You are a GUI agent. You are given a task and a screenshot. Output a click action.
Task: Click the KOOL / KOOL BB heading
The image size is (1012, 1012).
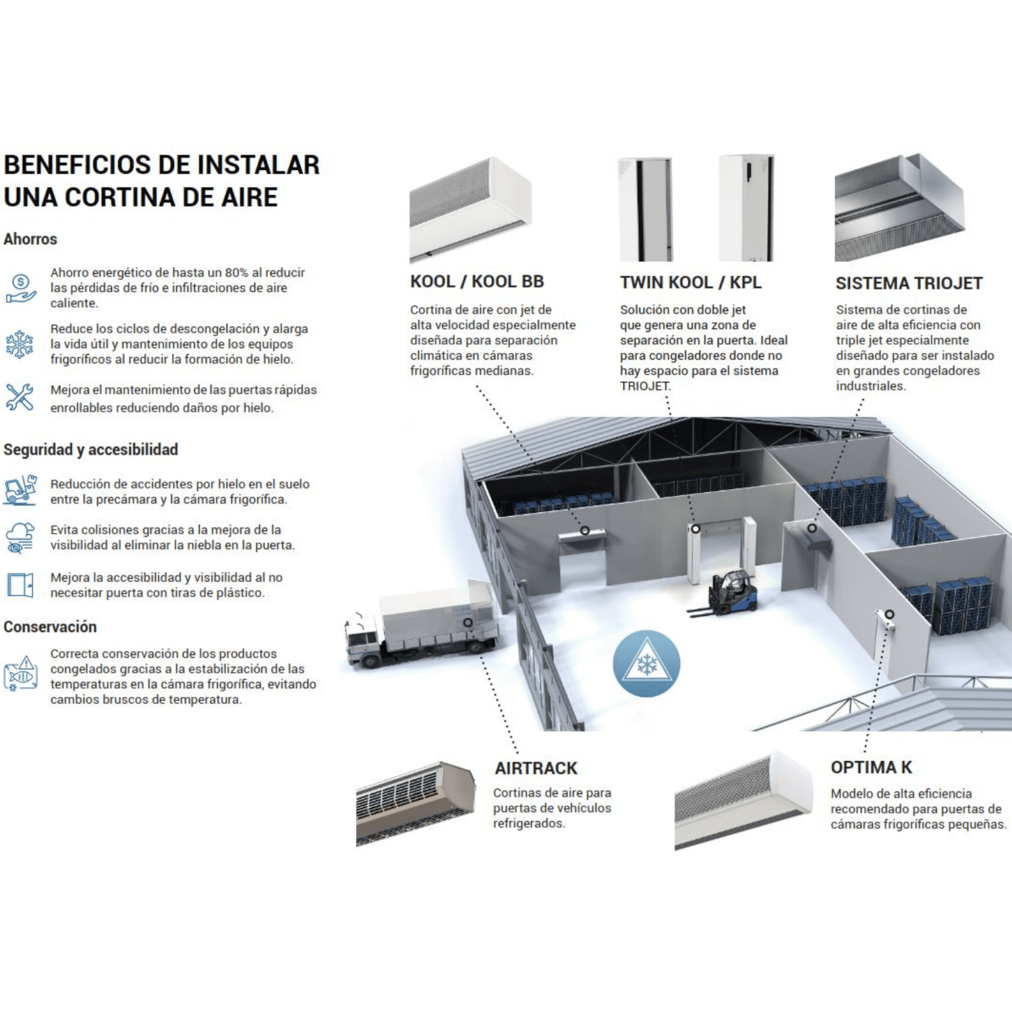click(x=476, y=281)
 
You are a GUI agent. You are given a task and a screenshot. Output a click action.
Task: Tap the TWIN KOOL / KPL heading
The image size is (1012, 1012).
click(x=691, y=282)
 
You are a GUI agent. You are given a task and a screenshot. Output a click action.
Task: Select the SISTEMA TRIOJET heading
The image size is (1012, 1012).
click(x=909, y=283)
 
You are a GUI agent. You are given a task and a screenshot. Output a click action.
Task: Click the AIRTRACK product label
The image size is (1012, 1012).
click(x=536, y=768)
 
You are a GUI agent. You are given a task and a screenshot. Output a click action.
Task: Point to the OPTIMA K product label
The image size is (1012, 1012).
click(x=871, y=767)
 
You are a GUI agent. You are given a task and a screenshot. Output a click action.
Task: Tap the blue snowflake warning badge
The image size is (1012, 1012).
click(x=646, y=663)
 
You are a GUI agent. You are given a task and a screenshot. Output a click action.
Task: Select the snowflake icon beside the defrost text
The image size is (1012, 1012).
click(x=20, y=344)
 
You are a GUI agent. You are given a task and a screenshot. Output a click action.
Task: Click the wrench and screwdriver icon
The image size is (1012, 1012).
click(x=20, y=397)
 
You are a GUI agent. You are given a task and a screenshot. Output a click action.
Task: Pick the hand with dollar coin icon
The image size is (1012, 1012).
click(x=20, y=288)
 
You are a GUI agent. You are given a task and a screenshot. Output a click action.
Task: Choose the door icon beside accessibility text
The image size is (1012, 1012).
click(x=20, y=585)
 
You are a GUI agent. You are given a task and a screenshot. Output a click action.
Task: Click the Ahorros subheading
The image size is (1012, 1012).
click(x=30, y=239)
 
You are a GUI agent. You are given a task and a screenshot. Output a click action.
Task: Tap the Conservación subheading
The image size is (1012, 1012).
click(x=50, y=627)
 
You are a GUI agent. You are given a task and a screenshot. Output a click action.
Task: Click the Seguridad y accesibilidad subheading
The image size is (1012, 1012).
click(x=90, y=449)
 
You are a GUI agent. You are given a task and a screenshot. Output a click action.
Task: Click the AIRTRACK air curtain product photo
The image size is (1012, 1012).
click(x=416, y=803)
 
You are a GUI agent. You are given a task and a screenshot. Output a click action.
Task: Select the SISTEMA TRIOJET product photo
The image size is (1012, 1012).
click(x=899, y=206)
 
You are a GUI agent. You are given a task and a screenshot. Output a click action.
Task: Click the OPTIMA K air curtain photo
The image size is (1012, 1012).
click(x=743, y=801)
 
